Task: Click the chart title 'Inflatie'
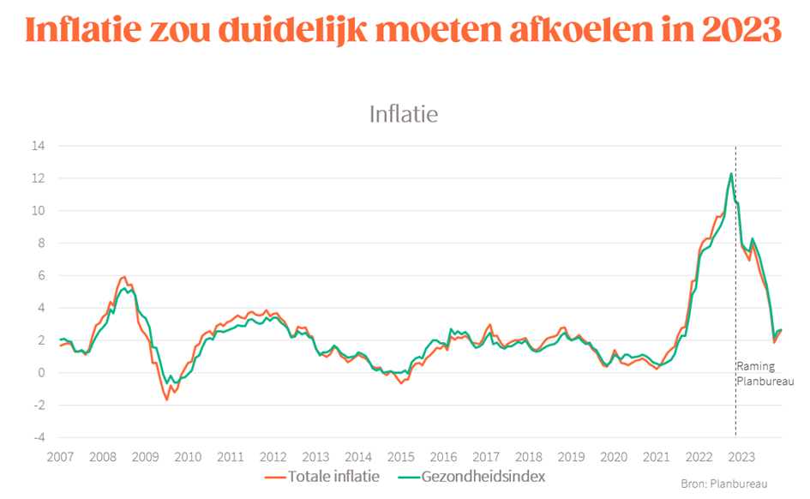point(403,114)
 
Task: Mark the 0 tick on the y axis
point(41,372)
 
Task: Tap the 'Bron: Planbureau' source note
point(724,484)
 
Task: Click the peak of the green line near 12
point(730,174)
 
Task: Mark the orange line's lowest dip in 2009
point(167,400)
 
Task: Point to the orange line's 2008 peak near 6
point(124,277)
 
